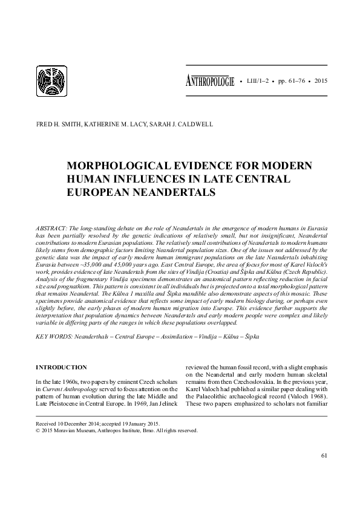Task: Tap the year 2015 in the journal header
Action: pos(321,81)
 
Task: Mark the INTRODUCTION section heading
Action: pos(62,367)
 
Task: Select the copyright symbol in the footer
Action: pos(39,433)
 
